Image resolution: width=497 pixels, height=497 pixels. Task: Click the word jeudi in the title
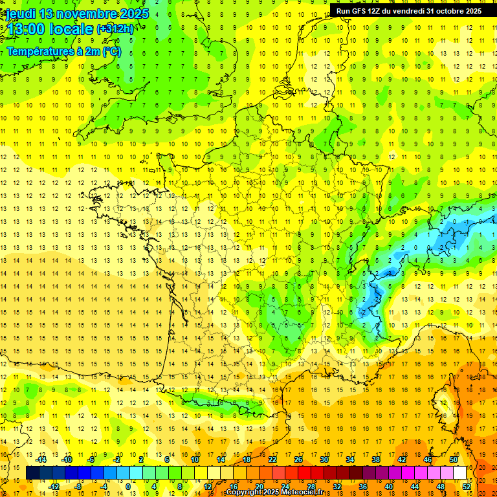20,14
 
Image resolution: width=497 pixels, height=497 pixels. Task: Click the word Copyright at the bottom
244,492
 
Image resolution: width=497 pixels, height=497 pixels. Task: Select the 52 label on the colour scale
467,487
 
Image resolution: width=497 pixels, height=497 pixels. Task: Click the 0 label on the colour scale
128,487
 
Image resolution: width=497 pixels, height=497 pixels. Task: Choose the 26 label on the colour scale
298,459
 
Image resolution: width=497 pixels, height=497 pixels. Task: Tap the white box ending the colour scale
460,473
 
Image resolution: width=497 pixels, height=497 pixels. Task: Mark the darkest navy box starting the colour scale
32,473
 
